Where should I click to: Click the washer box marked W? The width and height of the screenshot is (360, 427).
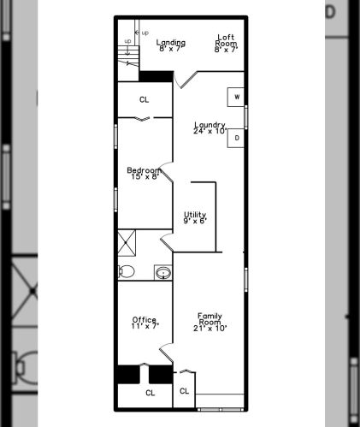236,97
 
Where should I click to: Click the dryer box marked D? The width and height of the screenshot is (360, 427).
236,138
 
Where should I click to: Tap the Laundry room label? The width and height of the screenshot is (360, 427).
210,128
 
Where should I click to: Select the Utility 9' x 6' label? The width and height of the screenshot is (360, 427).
195,217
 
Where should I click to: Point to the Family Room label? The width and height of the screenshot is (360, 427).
210,322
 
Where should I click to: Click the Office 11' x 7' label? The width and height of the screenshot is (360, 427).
145,323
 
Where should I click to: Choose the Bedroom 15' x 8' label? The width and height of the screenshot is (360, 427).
145,173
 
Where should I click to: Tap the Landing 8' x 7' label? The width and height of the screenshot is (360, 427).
171,45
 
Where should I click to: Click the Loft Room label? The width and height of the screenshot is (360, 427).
226,44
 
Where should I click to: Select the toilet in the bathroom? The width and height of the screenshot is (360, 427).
127,271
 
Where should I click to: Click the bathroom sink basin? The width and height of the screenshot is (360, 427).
163,273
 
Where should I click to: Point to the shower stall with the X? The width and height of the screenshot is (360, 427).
127,243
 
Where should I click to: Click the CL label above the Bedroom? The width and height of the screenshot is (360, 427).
145,99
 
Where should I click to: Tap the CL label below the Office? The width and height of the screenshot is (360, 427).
150,393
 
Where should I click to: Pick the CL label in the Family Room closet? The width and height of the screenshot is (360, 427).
185,391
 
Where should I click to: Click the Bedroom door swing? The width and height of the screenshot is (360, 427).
167,172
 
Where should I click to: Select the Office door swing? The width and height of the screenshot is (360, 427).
167,353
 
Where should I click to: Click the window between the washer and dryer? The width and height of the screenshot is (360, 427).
245,117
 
